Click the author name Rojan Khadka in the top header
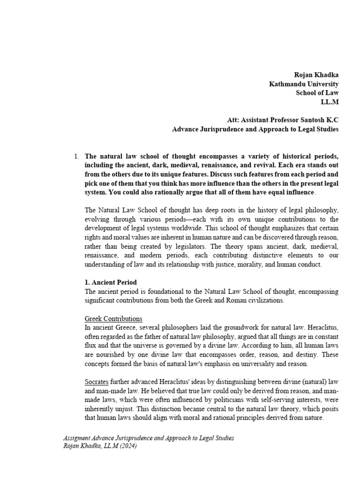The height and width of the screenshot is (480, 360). pos(316,75)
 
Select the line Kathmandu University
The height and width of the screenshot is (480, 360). pos(303,84)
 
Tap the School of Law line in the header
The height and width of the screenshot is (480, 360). pos(317,93)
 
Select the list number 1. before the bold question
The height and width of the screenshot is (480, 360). pos(77,156)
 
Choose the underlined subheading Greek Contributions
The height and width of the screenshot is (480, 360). pos(113,319)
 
